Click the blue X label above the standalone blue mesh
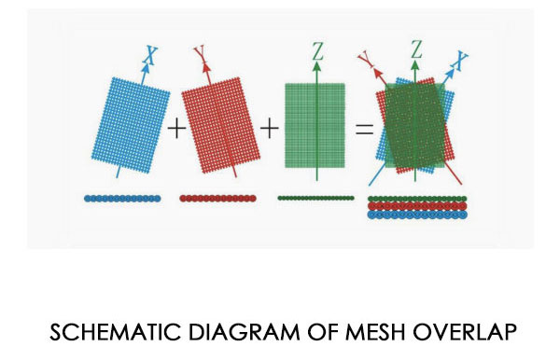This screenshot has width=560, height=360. tap(151, 56)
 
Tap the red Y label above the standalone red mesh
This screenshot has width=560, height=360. tap(200, 53)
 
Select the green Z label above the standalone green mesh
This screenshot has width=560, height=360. tap(318, 50)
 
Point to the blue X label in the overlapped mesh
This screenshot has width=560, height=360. tap(459, 61)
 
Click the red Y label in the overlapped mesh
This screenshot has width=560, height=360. tap(366, 60)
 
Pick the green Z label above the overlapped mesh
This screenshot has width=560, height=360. tap(416, 48)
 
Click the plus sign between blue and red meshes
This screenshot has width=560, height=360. tap(176, 129)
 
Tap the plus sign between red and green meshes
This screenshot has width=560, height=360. tap(270, 129)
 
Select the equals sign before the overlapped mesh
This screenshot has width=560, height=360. tap(365, 129)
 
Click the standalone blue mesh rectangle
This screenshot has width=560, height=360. tap(131, 125)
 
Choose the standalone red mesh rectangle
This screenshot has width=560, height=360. tap(220, 125)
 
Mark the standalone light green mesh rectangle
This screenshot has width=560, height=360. tap(315, 125)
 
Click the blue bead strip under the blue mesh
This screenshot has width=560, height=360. tap(122, 199)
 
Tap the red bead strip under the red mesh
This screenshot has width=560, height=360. tap(217, 199)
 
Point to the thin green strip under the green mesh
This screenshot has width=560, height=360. tap(316, 198)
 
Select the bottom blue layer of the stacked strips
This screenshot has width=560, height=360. tap(417, 215)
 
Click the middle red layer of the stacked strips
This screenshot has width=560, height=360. tap(417, 206)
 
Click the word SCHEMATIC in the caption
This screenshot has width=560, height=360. tap(116, 332)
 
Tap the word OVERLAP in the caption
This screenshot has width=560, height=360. tap(465, 332)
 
